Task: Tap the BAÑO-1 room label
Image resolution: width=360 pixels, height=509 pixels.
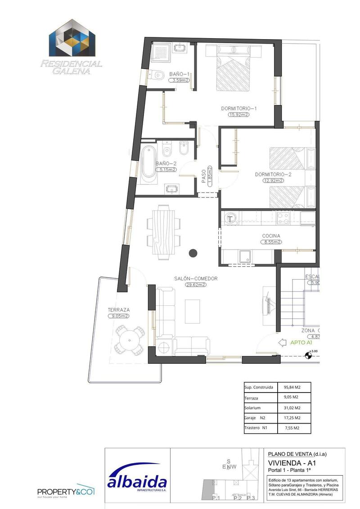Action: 179,74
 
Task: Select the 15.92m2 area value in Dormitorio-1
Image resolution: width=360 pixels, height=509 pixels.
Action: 238,115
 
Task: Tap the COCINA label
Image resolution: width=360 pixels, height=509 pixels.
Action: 271,236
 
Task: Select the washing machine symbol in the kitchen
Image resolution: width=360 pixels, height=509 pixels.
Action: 230,219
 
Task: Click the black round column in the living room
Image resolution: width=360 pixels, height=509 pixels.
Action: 193,253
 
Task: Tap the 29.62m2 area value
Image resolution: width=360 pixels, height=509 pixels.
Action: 196,285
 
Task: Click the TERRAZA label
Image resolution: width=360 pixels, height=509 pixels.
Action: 119,310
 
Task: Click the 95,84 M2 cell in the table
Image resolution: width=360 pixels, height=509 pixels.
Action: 292,387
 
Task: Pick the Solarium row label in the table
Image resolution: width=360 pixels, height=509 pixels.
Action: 252,408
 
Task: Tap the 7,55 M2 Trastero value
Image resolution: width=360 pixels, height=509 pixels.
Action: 292,428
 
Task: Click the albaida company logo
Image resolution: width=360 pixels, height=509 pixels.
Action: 137,478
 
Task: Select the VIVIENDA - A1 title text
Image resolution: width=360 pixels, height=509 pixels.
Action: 288,463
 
